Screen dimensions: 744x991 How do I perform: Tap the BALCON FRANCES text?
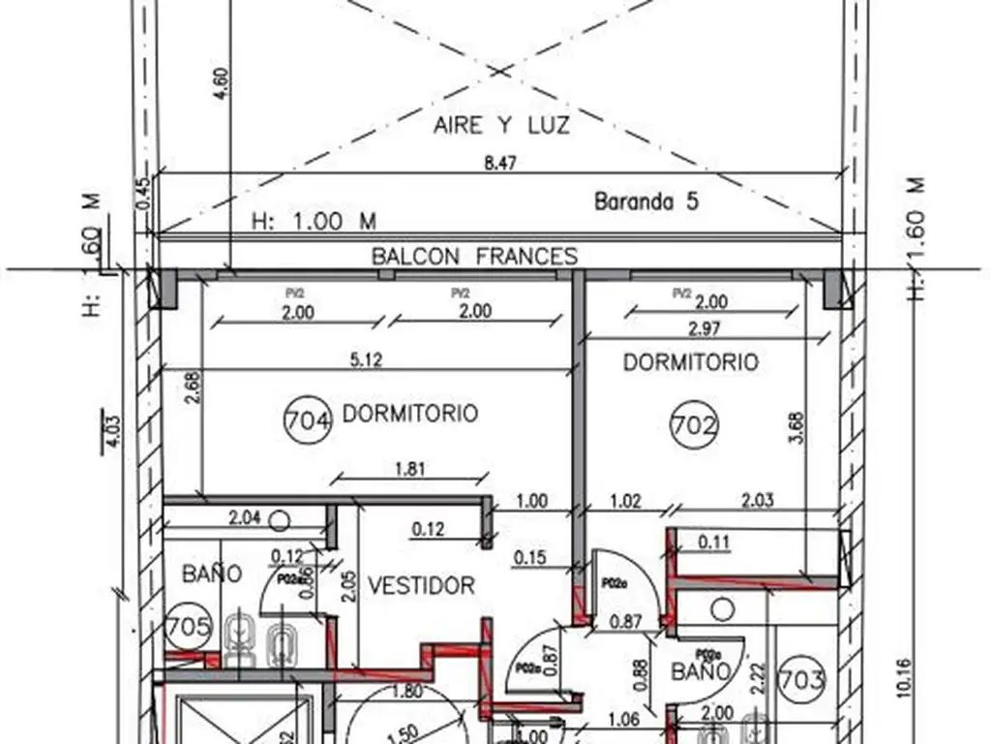click(475, 257)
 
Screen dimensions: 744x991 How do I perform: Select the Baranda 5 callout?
click(646, 202)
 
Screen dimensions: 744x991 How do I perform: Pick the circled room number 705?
click(189, 627)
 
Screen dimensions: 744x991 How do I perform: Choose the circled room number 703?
click(802, 679)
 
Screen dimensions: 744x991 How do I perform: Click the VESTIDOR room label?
click(421, 585)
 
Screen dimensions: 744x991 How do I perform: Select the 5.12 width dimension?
click(367, 359)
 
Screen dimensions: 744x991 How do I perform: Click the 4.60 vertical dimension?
click(222, 84)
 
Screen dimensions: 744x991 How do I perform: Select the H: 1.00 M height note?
click(314, 222)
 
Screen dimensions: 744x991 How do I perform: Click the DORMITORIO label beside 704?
click(410, 414)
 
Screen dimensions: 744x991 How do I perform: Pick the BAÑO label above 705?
click(212, 573)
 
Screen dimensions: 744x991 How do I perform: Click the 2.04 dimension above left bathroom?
click(245, 518)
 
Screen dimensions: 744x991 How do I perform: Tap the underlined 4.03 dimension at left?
click(114, 429)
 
